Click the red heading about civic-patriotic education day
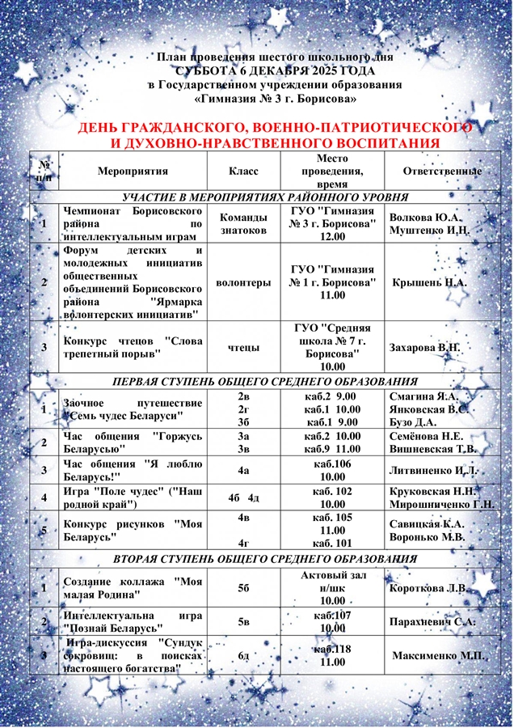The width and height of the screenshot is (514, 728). (275, 135)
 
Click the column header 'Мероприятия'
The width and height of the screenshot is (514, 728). (133, 171)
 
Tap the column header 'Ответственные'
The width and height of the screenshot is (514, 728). (442, 171)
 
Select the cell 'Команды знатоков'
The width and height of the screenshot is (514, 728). (243, 223)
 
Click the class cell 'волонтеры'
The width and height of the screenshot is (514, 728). (243, 283)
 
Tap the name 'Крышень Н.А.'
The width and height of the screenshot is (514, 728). (429, 283)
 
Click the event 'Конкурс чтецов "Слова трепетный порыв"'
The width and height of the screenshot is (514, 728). (132, 347)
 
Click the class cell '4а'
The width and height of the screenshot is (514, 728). (243, 469)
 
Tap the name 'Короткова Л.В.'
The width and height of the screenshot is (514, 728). (429, 588)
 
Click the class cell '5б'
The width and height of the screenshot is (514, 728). (243, 588)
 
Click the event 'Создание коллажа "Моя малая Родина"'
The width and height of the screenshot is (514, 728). (132, 588)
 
